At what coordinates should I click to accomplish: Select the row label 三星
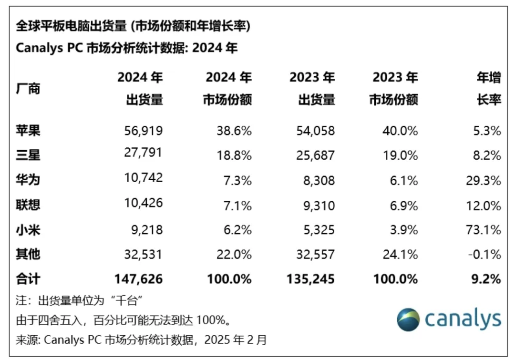(x=28, y=155)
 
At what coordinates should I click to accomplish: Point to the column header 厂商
(x=28, y=89)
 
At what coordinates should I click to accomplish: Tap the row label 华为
(x=28, y=180)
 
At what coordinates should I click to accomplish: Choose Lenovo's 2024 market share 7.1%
(x=238, y=205)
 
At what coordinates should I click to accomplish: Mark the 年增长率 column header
(x=489, y=89)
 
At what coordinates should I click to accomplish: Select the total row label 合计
(x=28, y=279)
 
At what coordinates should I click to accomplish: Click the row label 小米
(x=28, y=229)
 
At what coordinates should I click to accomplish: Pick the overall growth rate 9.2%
(x=488, y=279)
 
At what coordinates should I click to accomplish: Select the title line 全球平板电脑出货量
(x=72, y=27)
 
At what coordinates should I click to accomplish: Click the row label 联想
(x=28, y=205)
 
